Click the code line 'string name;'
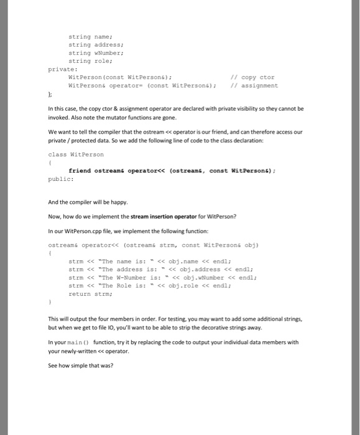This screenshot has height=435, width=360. point(86,37)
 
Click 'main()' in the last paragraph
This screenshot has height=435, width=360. point(76,342)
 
